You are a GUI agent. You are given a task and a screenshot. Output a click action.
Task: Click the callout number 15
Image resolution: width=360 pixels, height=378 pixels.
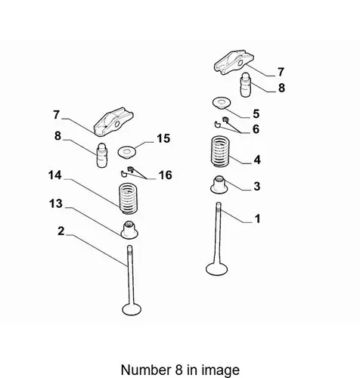point(163,138)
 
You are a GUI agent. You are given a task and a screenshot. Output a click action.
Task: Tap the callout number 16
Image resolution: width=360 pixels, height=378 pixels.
point(166,175)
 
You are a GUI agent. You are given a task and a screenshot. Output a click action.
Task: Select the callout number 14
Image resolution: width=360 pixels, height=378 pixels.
point(55,175)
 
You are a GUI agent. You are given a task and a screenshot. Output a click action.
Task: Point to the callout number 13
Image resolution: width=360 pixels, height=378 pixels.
point(56,203)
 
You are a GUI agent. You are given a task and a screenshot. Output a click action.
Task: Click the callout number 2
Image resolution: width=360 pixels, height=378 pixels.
point(61,231)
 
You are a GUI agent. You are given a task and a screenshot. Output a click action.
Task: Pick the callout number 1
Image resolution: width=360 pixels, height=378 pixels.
point(257,218)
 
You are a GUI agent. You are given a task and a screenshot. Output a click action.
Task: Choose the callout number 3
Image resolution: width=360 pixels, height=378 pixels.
point(257,187)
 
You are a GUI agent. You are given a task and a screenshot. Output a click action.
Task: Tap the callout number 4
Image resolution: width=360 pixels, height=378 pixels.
point(257,160)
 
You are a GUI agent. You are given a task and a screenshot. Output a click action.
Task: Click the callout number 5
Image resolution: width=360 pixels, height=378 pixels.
point(256,114)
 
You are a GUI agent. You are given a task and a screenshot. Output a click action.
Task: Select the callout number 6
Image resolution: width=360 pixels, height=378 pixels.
point(256,129)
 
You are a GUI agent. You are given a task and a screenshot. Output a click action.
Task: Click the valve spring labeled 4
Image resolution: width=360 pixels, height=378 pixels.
point(220,151)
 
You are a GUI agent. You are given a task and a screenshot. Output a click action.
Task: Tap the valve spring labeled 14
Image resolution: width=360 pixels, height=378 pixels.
point(128,199)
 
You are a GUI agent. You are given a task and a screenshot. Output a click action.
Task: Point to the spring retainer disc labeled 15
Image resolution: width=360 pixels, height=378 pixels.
point(127,152)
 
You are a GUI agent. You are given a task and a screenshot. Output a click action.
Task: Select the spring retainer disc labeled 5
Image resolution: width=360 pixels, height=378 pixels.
point(222,104)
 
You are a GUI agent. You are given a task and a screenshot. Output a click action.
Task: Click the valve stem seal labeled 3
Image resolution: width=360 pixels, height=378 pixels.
point(219,184)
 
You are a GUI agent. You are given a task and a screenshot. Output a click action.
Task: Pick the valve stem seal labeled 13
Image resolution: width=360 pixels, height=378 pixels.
point(129,230)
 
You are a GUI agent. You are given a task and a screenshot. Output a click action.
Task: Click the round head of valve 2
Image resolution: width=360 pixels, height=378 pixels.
point(132,309)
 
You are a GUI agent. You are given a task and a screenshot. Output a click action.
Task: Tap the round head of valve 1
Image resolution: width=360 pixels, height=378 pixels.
point(217,268)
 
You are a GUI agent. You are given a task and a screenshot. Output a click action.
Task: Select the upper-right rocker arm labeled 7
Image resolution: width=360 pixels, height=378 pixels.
point(234,62)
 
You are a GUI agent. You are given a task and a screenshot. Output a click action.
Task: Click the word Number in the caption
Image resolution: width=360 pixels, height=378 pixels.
point(146,370)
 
